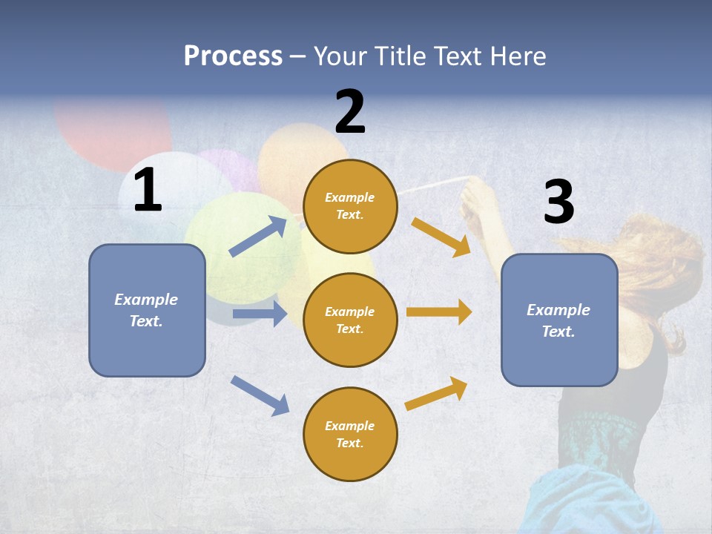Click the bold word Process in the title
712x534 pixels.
point(233,56)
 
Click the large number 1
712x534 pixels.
point(148,191)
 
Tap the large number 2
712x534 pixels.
point(350,112)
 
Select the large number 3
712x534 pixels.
point(558,202)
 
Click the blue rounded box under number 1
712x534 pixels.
point(147,310)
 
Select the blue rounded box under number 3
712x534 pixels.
point(559,320)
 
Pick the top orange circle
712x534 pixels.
point(350,206)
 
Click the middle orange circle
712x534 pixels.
point(350,320)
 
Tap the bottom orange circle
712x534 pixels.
point(350,434)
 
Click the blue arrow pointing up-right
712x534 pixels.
point(258,237)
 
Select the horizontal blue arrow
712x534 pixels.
point(260,314)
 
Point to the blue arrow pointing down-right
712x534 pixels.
point(260,395)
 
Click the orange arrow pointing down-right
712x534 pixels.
point(441,237)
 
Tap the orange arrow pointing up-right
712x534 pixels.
point(437,394)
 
